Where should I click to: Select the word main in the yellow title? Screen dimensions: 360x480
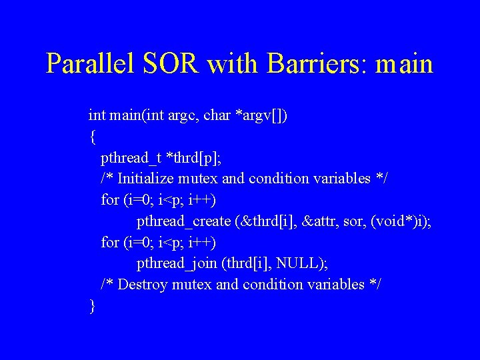point(405,64)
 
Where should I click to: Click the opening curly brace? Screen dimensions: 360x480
point(92,137)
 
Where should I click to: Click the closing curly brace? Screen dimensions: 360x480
point(92,306)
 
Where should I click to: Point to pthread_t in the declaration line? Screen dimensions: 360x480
point(131,158)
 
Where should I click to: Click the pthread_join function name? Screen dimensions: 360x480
point(177,264)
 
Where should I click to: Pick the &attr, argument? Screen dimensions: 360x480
point(323,221)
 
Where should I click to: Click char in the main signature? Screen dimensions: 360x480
point(217,115)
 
